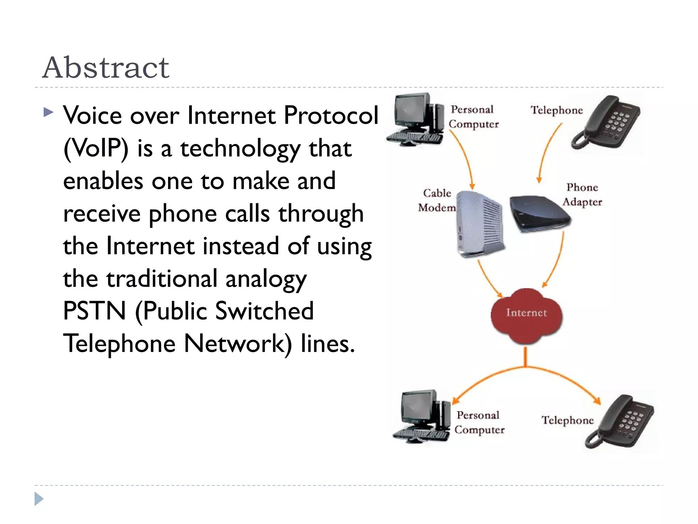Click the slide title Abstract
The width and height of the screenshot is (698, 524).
[x=106, y=68]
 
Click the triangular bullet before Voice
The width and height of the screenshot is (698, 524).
[x=49, y=112]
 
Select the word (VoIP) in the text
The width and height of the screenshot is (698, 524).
[x=96, y=149]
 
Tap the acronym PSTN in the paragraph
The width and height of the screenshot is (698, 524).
[x=95, y=311]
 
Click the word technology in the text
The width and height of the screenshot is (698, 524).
[x=240, y=149]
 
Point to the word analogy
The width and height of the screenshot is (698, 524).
[x=266, y=279]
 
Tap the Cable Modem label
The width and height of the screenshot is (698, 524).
[x=437, y=200]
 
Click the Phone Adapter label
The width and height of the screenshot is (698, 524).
[x=582, y=194]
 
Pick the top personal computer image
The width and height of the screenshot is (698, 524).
[x=416, y=119]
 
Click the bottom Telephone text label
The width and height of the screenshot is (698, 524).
[x=567, y=420]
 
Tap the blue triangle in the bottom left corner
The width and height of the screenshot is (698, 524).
[x=39, y=499]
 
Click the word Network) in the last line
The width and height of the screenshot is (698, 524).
[x=238, y=344]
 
